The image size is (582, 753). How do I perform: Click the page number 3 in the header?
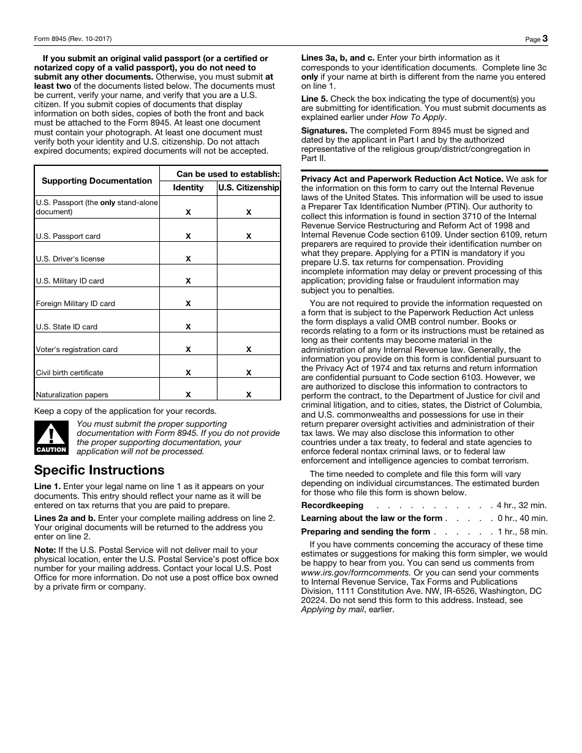coord(545,39)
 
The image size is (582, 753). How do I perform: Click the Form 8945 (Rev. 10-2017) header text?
coord(73,39)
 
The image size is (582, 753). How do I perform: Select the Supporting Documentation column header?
coord(97,181)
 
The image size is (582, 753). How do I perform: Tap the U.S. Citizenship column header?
coord(249,188)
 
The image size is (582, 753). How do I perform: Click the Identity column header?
coord(188,188)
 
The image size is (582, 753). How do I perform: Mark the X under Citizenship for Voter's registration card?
coord(249,350)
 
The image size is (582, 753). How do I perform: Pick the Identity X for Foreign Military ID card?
coord(188,304)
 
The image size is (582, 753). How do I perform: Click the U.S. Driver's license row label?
coord(70,258)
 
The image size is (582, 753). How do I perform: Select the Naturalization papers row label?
coord(72,395)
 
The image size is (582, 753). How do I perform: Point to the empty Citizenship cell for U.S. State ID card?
coord(249,321)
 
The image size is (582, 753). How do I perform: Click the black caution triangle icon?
coord(51,437)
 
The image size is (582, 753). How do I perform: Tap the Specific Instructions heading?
coord(99,470)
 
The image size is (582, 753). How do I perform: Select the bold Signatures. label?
coord(324,130)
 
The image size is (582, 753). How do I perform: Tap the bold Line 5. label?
coord(314,99)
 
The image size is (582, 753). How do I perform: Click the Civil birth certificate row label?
coord(69,372)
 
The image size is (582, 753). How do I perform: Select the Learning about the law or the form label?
coord(371,519)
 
